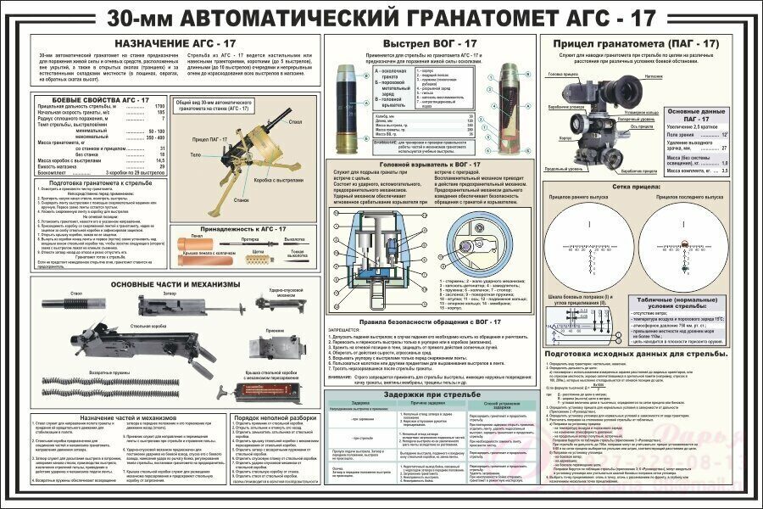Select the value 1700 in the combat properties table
158,105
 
